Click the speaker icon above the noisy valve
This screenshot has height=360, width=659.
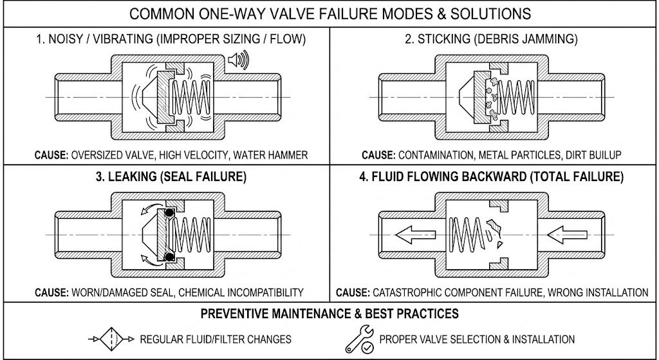(x=238, y=61)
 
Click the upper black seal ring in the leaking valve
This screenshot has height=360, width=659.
(x=169, y=213)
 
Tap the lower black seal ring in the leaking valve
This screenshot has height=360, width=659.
(x=169, y=258)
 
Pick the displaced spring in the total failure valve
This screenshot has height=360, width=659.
(x=466, y=236)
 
